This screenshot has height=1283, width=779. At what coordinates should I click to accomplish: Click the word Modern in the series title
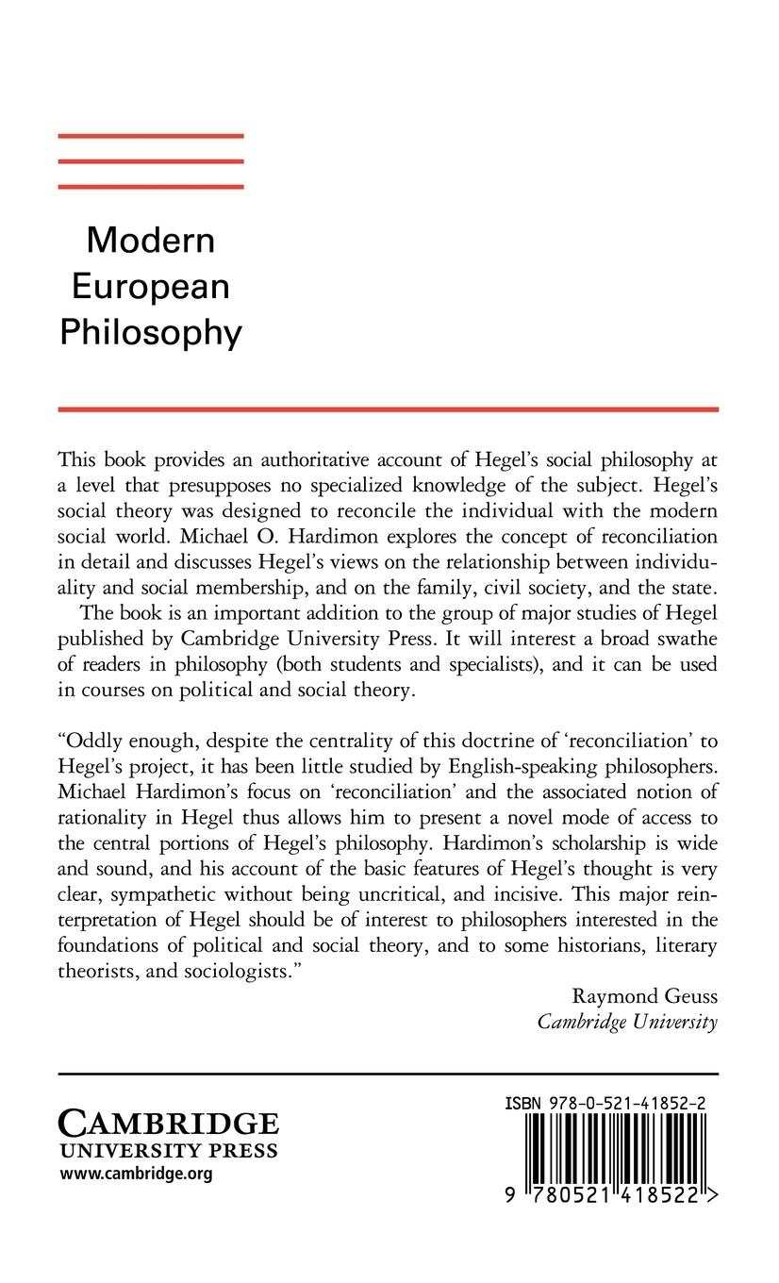pos(151,241)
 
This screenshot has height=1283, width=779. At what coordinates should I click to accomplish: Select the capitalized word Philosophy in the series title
pos(151,333)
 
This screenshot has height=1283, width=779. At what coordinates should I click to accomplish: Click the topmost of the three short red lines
pos(151,137)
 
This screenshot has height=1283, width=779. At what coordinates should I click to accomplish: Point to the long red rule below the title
pos(388,409)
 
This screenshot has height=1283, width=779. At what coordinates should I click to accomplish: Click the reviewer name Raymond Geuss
pos(644,996)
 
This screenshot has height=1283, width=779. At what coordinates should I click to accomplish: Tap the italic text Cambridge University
pos(627,1022)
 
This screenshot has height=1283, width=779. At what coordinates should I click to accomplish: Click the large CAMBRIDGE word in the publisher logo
pos(169,1124)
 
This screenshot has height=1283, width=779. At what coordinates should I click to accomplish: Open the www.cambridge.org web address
pos(136,1175)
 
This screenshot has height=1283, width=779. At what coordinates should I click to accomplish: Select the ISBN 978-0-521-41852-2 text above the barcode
pos(607,1102)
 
